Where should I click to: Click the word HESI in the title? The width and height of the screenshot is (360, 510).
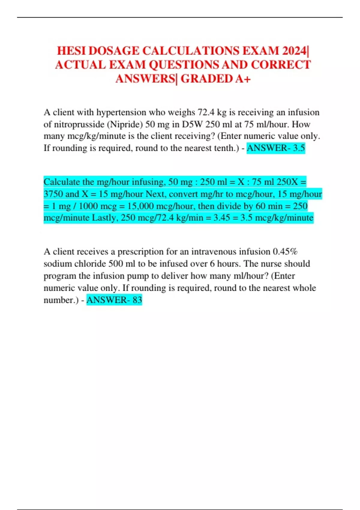point(71,51)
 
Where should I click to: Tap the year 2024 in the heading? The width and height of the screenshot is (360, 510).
point(294,51)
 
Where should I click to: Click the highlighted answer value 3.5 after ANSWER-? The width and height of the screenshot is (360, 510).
point(299,148)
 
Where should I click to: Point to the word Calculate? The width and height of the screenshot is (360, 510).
point(61,182)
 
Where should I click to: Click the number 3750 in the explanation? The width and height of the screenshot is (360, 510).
point(53,194)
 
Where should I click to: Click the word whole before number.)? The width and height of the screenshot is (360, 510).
point(304,288)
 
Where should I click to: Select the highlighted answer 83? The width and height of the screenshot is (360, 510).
point(137,300)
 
